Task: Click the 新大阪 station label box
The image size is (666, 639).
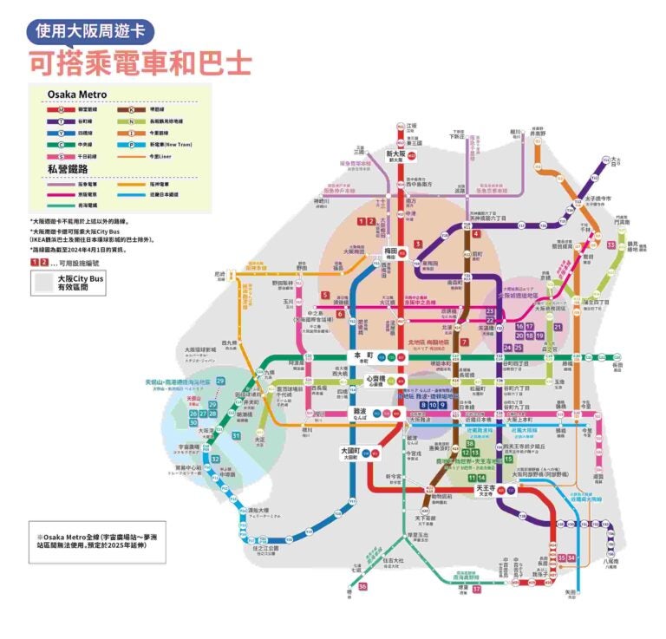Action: [x=395, y=157]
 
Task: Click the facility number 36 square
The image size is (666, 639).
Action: [x=362, y=587]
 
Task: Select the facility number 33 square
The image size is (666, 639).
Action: [x=610, y=245]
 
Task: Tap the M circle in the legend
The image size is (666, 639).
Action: [x=58, y=110]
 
